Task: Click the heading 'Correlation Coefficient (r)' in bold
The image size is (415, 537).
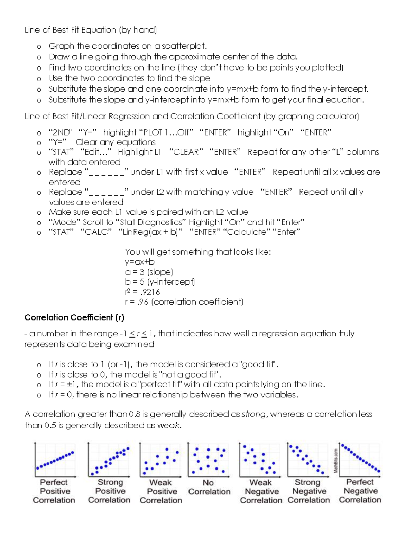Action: point(74,317)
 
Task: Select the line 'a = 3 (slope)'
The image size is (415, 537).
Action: point(149,272)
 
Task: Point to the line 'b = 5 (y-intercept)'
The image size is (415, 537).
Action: point(160,282)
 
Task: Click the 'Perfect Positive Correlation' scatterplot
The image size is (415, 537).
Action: point(54,460)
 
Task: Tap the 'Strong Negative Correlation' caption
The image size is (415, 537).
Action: point(308,491)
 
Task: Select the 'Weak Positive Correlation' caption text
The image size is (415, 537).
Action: point(161,491)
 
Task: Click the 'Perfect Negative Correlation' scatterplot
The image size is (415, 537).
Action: point(360,459)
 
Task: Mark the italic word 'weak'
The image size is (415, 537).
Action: point(168,425)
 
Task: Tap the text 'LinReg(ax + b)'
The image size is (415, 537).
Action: point(150,232)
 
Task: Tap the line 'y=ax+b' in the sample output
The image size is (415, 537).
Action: point(140,262)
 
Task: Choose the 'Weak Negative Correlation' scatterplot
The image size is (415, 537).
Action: point(259,460)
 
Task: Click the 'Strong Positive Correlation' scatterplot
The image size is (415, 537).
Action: point(109,460)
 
